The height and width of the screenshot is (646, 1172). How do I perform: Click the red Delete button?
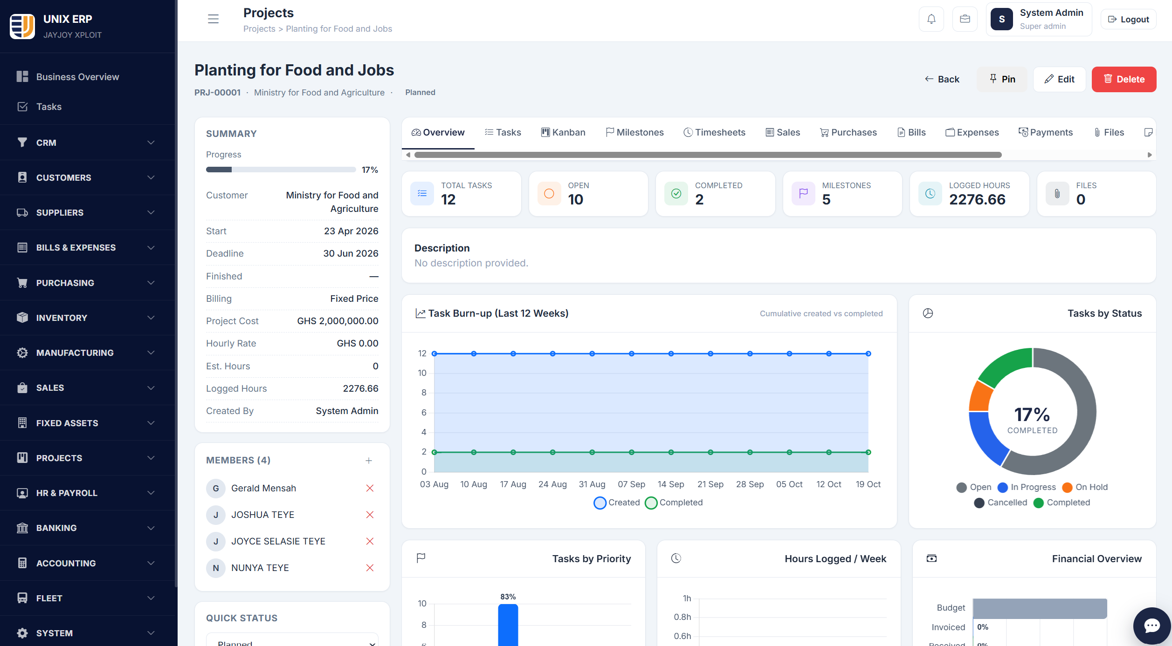(x=1124, y=79)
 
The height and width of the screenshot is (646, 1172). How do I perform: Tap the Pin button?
(x=1002, y=79)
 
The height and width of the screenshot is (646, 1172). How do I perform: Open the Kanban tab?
(x=563, y=132)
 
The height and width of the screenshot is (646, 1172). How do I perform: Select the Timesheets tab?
(x=714, y=132)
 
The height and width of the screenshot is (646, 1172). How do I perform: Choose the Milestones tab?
(x=634, y=132)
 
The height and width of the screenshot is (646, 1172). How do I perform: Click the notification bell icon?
(x=931, y=19)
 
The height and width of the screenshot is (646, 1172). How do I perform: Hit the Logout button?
(x=1128, y=19)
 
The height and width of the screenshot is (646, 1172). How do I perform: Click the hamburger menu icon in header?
(x=213, y=19)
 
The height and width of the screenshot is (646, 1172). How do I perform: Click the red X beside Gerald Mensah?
(x=370, y=488)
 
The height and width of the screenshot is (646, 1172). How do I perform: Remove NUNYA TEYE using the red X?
(x=370, y=568)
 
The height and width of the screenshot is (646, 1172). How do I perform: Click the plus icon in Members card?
(x=369, y=461)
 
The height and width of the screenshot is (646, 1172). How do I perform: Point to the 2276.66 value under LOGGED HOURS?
(x=977, y=199)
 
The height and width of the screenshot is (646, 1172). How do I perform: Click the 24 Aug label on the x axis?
(x=552, y=484)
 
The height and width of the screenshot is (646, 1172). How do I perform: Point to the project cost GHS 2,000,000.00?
(x=338, y=321)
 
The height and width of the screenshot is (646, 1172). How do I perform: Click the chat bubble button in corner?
(x=1152, y=626)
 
